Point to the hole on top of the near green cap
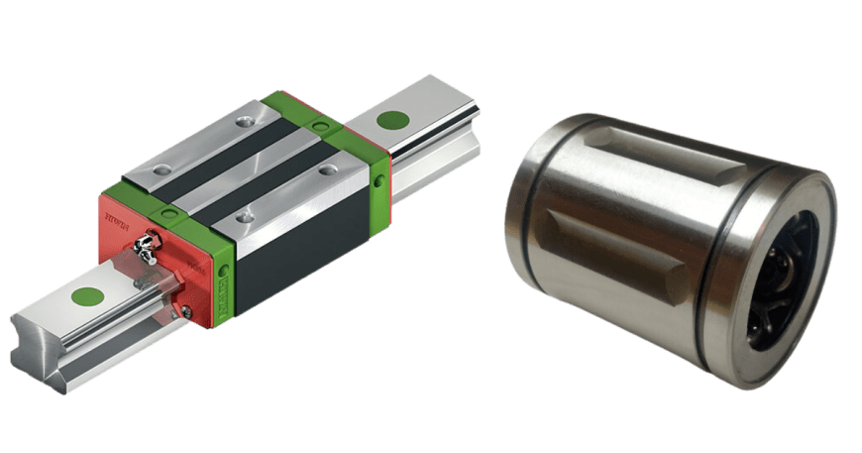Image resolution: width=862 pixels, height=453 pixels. point(169,213)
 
